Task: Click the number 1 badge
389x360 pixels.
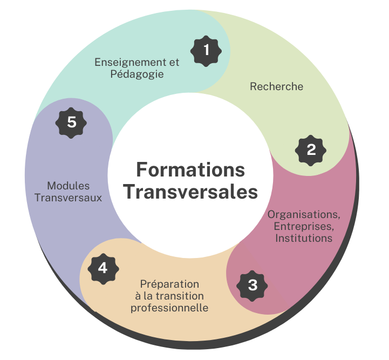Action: tap(206, 51)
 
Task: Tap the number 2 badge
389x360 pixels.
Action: tap(311, 150)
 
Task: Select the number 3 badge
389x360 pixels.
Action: tap(252, 284)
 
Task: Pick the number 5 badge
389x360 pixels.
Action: tap(72, 123)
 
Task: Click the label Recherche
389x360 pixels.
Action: tap(276, 86)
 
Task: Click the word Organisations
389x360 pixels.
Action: tap(304, 214)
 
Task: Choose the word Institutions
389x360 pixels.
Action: tap(304, 238)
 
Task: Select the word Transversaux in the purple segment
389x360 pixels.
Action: tap(68, 198)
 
